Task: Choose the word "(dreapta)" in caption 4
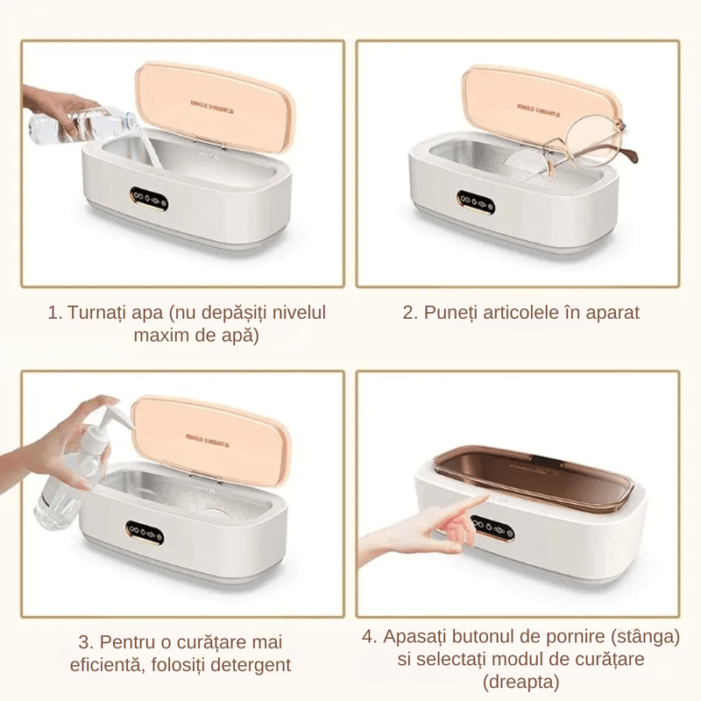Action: pyautogui.click(x=520, y=681)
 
